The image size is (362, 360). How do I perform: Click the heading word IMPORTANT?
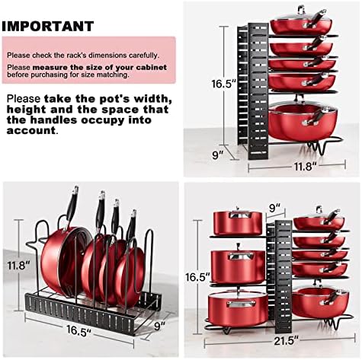click(48, 27)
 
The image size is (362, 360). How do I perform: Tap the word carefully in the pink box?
click(144, 56)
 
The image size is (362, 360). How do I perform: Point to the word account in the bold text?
click(30, 131)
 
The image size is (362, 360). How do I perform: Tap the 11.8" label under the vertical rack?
click(306, 167)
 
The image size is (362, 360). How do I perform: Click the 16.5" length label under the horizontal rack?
click(78, 331)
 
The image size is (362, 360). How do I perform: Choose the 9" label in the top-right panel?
click(218, 155)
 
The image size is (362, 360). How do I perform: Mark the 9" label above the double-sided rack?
click(274, 208)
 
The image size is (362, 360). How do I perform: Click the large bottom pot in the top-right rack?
click(303, 120)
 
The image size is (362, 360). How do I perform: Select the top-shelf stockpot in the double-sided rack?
click(238, 221)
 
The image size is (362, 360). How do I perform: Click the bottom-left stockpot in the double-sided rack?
click(238, 309)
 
